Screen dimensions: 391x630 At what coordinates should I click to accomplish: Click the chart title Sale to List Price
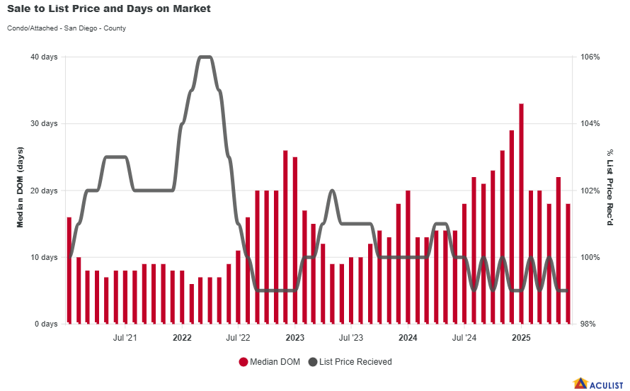pos(109,9)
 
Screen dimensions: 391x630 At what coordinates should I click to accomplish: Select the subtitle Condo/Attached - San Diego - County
pos(67,28)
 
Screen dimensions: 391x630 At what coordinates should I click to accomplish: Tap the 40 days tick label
pos(45,57)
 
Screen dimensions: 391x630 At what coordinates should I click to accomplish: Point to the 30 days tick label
pos(45,123)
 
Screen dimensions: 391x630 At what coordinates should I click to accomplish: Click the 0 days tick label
pos(47,324)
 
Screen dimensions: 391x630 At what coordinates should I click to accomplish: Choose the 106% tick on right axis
pos(591,57)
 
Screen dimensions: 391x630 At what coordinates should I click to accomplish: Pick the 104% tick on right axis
pos(591,123)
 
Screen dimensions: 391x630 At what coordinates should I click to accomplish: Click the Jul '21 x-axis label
pos(125,338)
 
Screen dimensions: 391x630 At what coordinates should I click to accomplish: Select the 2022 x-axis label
pos(182,338)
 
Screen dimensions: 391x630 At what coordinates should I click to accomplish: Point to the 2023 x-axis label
pos(294,338)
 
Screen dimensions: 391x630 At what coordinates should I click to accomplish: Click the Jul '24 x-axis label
pos(464,338)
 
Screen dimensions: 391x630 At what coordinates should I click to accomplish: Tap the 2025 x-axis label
pos(521,338)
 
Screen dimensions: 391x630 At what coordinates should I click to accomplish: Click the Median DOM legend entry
pos(270,362)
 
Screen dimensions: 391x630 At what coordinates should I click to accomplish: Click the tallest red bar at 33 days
pos(521,212)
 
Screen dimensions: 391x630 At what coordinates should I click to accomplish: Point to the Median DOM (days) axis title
pos(21,188)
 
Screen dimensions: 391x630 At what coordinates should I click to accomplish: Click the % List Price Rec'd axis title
pos(609,188)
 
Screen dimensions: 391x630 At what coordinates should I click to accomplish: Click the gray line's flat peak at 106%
pos(205,57)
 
